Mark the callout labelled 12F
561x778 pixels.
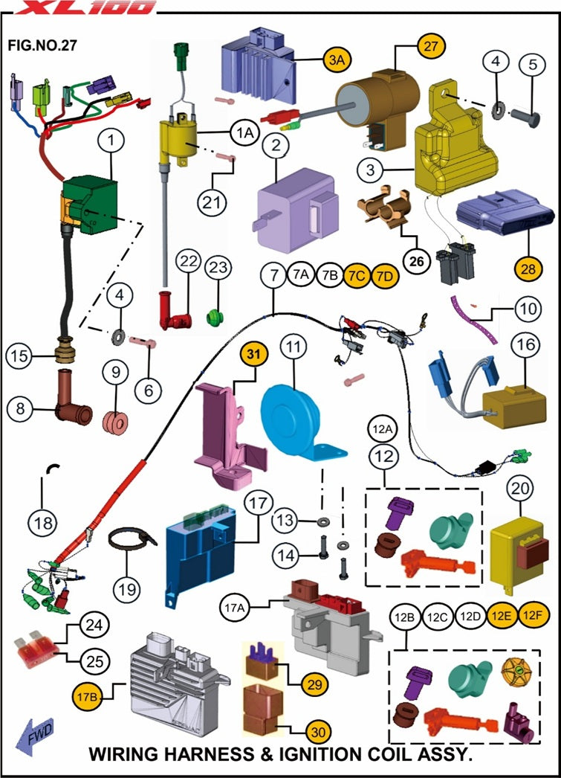[x=532, y=617]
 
